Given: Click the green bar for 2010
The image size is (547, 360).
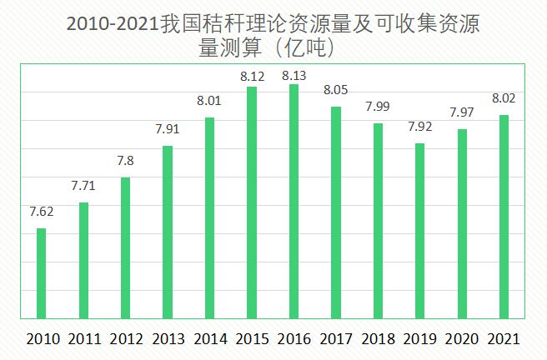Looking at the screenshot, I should tap(42, 272).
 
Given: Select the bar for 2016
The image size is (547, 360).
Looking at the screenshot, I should tap(294, 201).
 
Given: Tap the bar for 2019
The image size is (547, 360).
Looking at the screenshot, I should tap(419, 230).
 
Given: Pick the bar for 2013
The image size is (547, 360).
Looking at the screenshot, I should tap(168, 232).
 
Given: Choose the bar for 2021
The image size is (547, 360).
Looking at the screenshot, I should tap(504, 216).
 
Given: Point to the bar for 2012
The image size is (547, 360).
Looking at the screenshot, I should tap(125, 247).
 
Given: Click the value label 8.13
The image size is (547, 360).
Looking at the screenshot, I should tap(294, 76).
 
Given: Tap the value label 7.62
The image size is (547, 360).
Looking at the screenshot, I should tap(42, 211).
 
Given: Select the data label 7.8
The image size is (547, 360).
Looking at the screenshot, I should tap(125, 160).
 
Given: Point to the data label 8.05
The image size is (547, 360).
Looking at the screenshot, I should tap(336, 90).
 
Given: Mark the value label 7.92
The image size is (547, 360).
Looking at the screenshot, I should tap(419, 127).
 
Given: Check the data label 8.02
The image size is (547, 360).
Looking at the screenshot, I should tap(504, 97).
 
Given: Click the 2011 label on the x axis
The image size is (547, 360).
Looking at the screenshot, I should tap(83, 339).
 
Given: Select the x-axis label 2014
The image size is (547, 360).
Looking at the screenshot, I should tap(209, 339).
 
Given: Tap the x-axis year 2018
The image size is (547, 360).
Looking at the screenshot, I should tap(378, 339).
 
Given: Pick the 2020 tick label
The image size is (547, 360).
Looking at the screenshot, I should tap(461, 339).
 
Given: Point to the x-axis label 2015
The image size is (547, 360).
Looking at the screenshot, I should tap(252, 339).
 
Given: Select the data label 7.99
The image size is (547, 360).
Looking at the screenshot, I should tap(378, 107).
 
